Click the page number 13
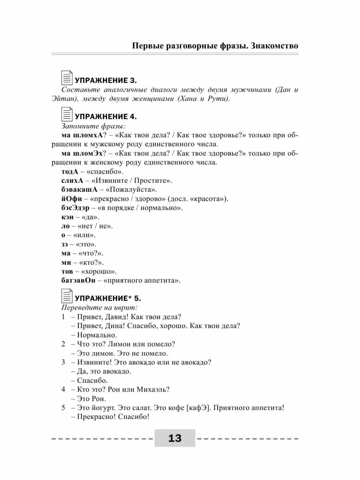click(x=175, y=438)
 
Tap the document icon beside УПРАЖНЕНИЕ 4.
click(x=67, y=115)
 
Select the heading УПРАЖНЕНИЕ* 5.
click(x=108, y=298)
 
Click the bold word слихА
click(x=72, y=181)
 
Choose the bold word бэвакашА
click(x=80, y=190)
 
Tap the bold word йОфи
click(x=72, y=199)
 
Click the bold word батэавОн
click(x=79, y=280)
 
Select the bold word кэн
click(x=68, y=217)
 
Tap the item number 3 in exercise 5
click(x=63, y=362)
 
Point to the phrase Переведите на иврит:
click(x=99, y=308)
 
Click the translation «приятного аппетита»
click(x=142, y=280)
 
